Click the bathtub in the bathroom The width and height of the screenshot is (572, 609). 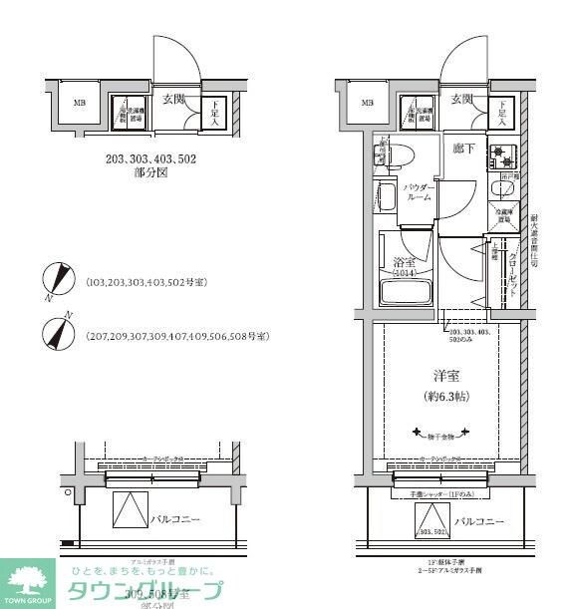(x=406, y=293)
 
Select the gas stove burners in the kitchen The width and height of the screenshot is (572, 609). (x=502, y=154)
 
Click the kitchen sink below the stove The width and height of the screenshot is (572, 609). (x=502, y=189)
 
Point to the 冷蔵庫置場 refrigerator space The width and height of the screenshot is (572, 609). (x=504, y=216)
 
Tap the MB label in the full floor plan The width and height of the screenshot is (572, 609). (x=368, y=103)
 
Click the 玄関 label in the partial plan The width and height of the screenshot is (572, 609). (x=174, y=99)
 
